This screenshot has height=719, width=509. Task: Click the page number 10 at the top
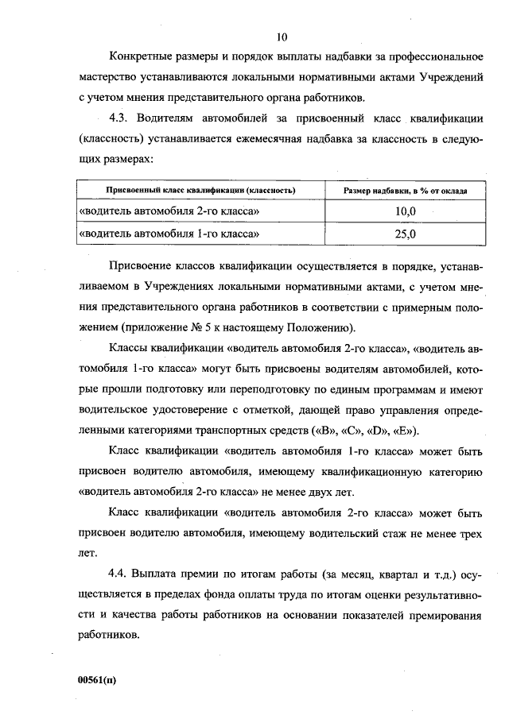tap(282, 37)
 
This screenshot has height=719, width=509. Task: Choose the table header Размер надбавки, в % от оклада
tap(405, 191)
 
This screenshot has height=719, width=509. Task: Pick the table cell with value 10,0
tap(405, 212)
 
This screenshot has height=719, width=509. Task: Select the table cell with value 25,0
tap(405, 234)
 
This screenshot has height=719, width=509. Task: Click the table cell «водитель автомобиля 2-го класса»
tap(170, 212)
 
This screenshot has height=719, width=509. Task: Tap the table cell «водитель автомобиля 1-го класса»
tap(170, 234)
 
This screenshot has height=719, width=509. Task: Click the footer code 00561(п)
tap(97, 680)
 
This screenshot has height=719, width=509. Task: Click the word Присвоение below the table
tap(143, 265)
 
